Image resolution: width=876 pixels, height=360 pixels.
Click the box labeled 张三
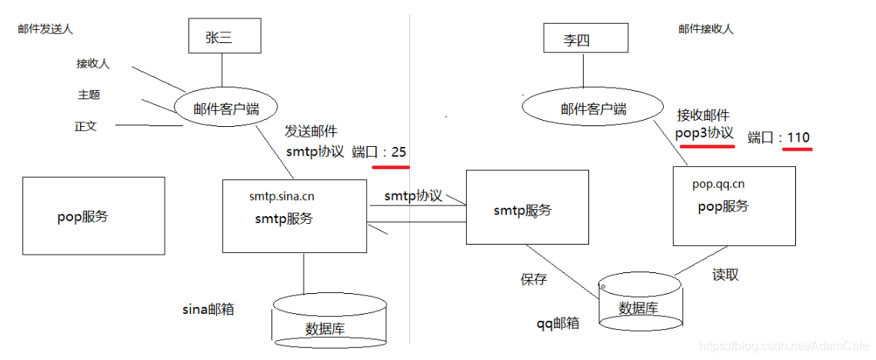click(x=221, y=37)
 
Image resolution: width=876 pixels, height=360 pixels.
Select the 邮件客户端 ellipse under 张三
click(x=225, y=107)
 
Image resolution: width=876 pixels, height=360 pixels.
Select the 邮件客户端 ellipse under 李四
click(x=593, y=108)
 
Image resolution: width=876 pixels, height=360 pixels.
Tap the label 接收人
click(x=93, y=64)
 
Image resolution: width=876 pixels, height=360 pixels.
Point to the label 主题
click(x=88, y=95)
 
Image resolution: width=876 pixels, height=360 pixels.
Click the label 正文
click(x=85, y=126)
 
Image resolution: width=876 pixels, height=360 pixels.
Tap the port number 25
click(x=398, y=152)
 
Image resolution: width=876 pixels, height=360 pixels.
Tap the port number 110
click(x=798, y=138)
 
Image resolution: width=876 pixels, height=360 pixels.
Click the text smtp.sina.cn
click(x=281, y=196)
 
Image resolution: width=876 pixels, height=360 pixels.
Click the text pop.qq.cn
click(x=718, y=184)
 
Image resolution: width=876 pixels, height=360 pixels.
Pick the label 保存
click(x=534, y=279)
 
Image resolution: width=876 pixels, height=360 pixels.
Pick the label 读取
click(x=725, y=275)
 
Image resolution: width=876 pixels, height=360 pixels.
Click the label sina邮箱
click(x=208, y=310)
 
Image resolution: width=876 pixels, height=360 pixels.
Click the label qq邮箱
click(x=558, y=323)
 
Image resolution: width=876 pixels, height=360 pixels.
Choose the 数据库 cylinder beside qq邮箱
click(x=639, y=305)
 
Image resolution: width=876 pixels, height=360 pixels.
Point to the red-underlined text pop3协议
click(x=704, y=132)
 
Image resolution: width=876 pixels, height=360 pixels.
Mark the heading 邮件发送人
click(x=45, y=28)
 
